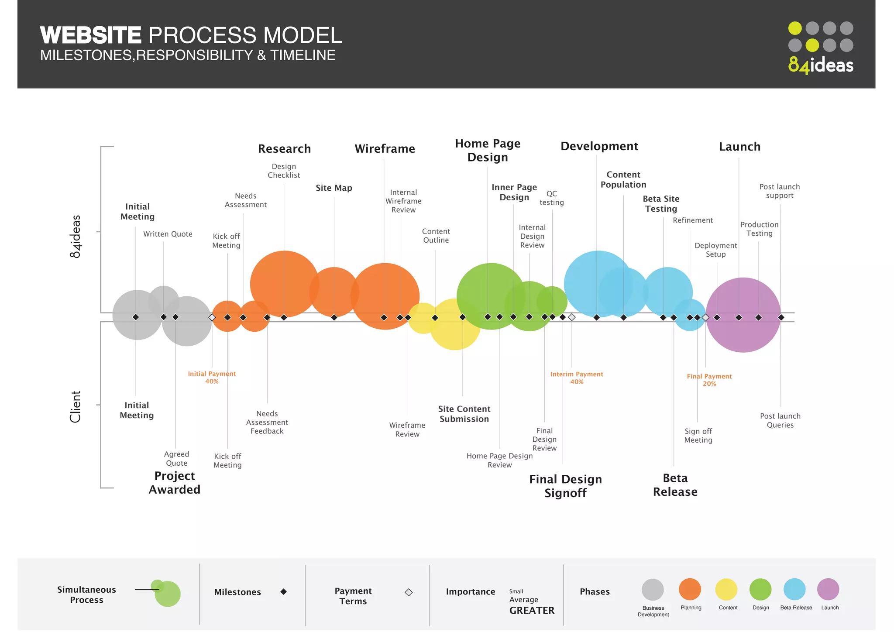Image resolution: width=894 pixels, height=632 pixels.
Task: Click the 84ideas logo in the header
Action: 820,48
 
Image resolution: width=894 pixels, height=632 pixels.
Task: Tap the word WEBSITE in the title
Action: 91,35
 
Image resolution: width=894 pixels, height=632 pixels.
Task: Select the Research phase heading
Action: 284,149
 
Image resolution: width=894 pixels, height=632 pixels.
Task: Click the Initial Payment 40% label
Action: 212,378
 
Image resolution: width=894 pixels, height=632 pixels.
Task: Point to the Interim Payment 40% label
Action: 577,378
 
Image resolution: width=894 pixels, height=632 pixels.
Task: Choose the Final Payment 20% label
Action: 709,380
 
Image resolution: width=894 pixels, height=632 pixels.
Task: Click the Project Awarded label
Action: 175,483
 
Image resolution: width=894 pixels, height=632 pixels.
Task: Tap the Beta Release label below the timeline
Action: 675,485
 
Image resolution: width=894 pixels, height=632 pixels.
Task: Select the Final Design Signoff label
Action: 565,486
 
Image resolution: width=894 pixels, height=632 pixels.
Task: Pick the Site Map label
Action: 334,188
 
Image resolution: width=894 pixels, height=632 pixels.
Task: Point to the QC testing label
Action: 552,198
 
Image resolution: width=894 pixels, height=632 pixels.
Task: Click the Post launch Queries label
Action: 780,421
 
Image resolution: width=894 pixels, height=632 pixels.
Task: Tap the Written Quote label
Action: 168,234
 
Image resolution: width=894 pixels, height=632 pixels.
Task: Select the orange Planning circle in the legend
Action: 690,590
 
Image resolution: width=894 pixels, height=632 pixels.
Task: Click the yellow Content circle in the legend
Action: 726,590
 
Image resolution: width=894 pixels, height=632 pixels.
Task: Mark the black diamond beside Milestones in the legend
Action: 284,592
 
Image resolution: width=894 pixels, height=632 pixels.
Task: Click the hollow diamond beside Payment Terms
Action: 409,592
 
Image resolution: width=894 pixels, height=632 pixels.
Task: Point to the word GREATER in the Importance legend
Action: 532,611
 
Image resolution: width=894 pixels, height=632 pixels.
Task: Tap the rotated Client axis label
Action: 76,407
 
